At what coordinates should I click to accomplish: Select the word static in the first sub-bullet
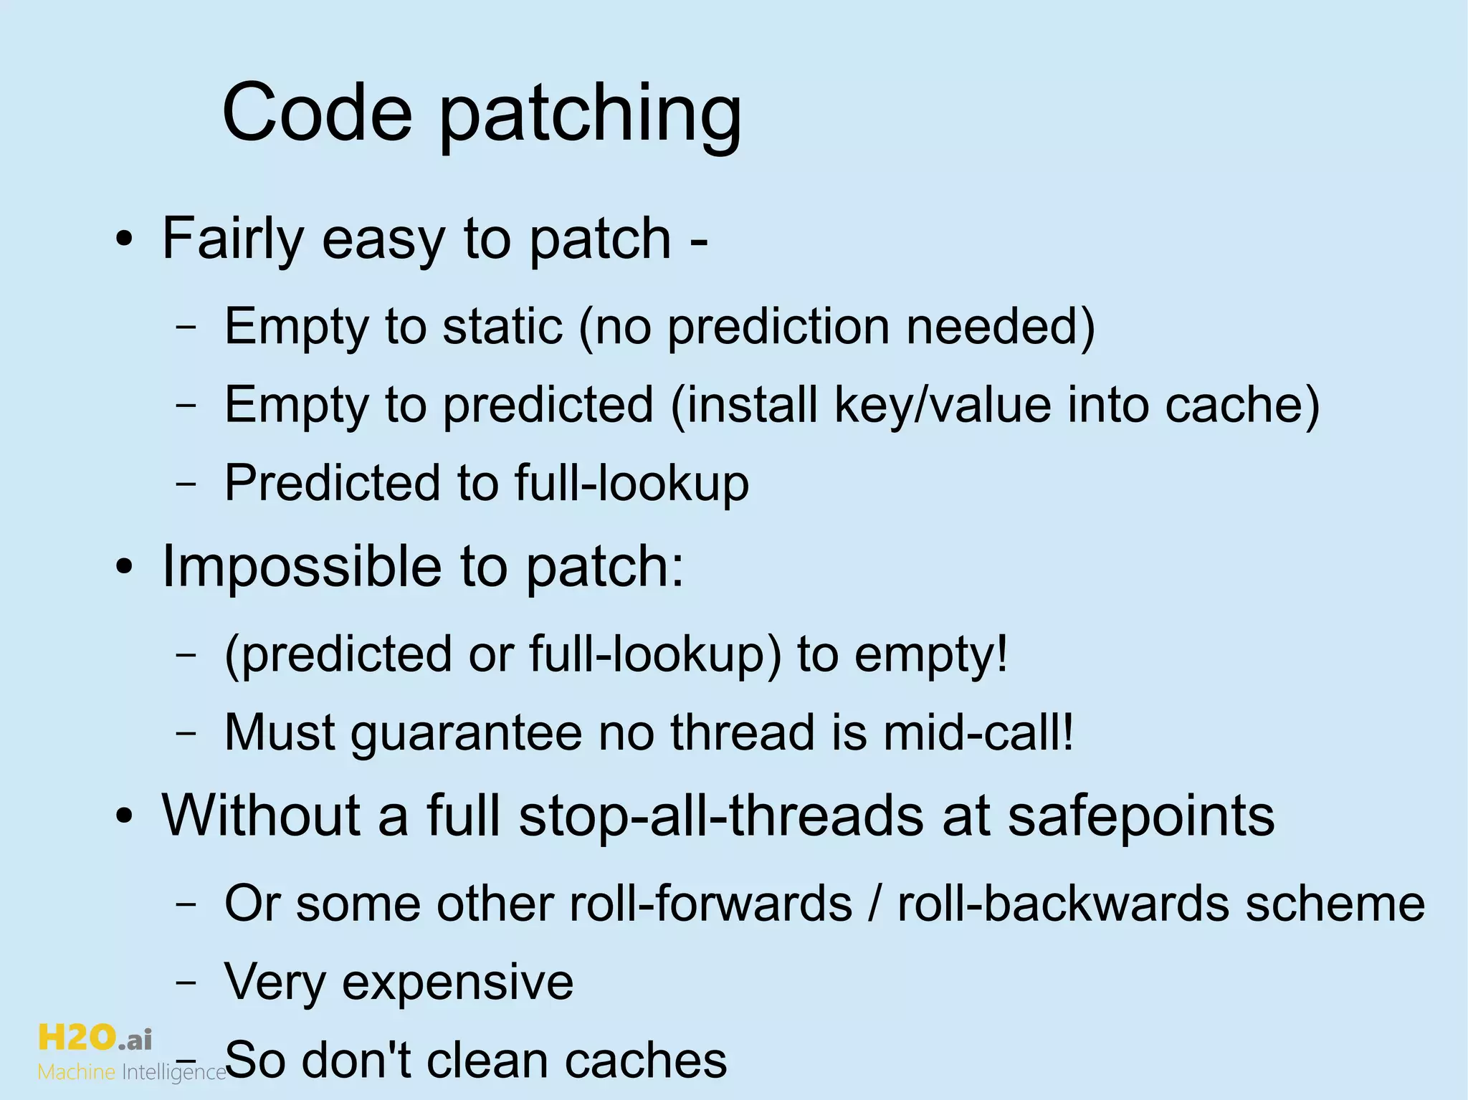click(502, 326)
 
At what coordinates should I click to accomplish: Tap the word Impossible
click(301, 566)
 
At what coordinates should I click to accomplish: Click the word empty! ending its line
click(931, 654)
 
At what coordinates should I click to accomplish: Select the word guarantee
click(466, 733)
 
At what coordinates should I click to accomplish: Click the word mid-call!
click(978, 733)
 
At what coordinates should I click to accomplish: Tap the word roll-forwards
click(710, 903)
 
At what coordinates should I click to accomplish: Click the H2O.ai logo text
click(95, 1038)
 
